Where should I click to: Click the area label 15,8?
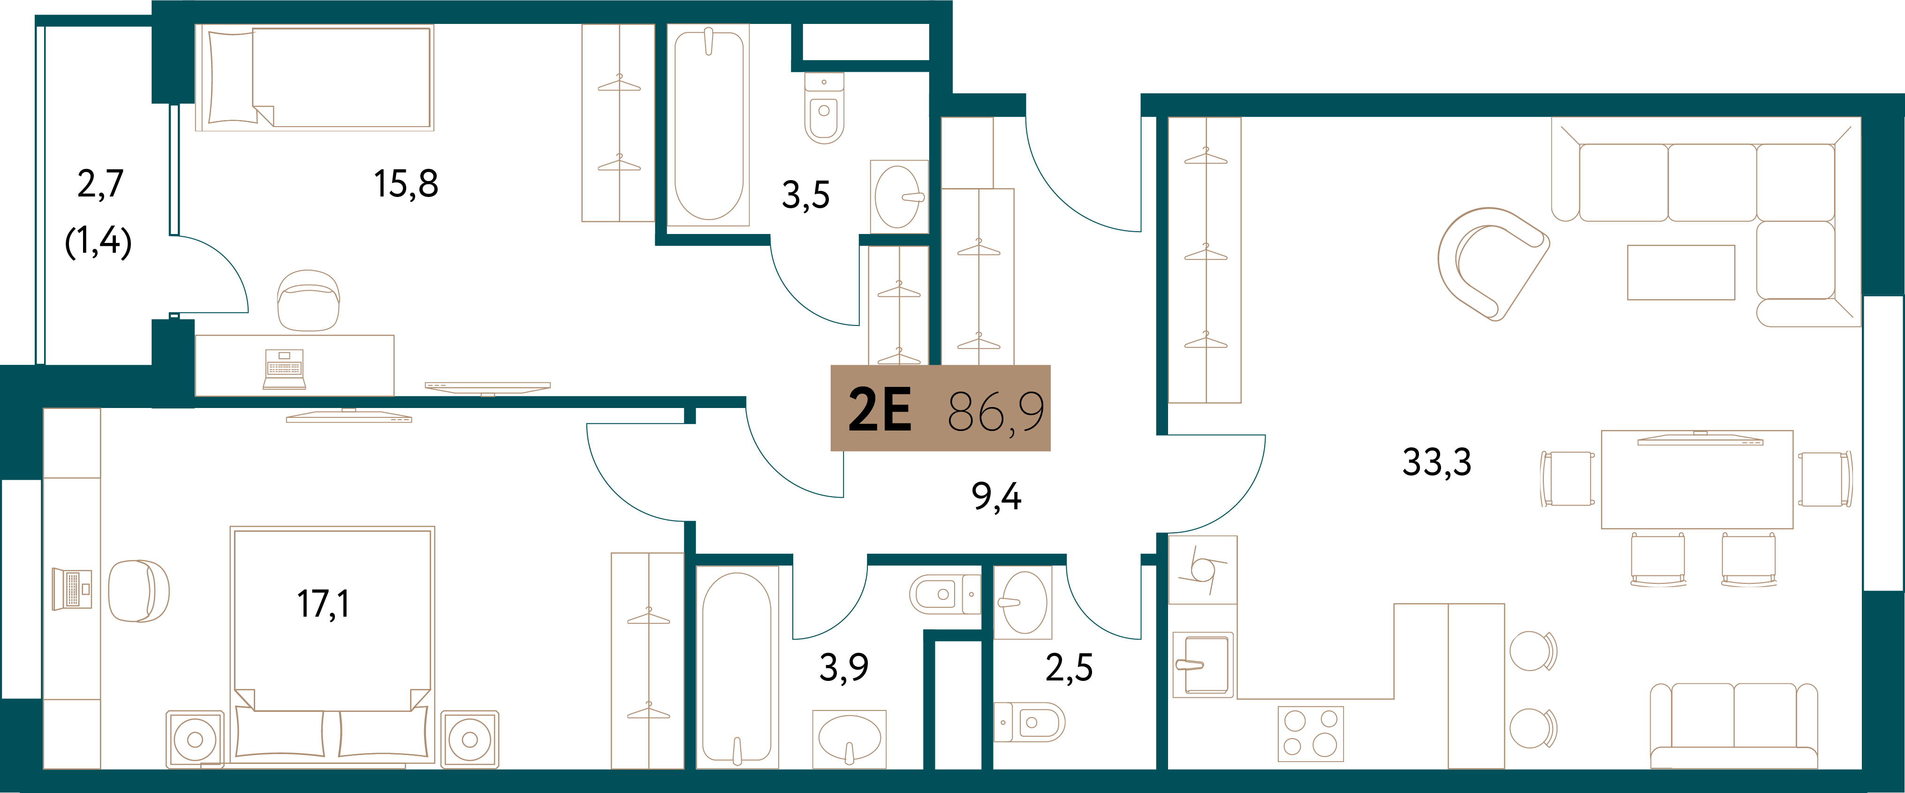[x=406, y=184]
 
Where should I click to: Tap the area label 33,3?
[x=1437, y=463]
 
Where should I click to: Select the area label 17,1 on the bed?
[x=323, y=604]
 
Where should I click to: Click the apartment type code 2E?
[x=879, y=409]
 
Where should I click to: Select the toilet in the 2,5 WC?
[x=1029, y=721]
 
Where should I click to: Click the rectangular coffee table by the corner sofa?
[x=1681, y=272]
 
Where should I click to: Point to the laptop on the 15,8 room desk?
[x=284, y=369]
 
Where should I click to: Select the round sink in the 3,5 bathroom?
[x=898, y=196]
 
